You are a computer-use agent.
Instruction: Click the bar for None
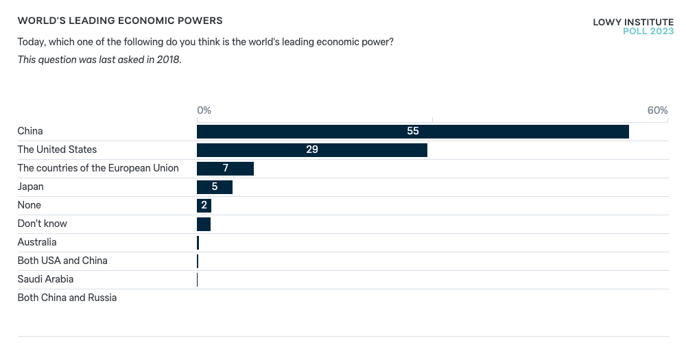pyautogui.click(x=204, y=206)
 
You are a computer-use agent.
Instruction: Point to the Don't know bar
pyautogui.click(x=204, y=224)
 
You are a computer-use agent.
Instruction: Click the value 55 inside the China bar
pyautogui.click(x=412, y=131)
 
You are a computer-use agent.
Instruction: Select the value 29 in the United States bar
pyautogui.click(x=312, y=149)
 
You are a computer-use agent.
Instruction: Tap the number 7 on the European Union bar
pyautogui.click(x=225, y=168)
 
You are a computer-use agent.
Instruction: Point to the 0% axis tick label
pyautogui.click(x=204, y=110)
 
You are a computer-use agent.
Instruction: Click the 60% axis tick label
pyautogui.click(x=657, y=110)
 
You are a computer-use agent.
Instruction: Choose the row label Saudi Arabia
pyautogui.click(x=45, y=279)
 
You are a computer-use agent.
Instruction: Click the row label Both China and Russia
pyautogui.click(x=67, y=298)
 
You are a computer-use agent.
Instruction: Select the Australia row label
pyautogui.click(x=37, y=242)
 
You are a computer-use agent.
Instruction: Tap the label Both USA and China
pyautogui.click(x=62, y=261)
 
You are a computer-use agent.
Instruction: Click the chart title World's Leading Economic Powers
pyautogui.click(x=120, y=21)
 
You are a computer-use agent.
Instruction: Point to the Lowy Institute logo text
pyautogui.click(x=632, y=22)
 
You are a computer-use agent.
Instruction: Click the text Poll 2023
pyautogui.click(x=648, y=32)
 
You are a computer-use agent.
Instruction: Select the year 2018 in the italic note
pyautogui.click(x=168, y=60)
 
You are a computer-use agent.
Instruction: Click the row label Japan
pyautogui.click(x=30, y=187)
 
